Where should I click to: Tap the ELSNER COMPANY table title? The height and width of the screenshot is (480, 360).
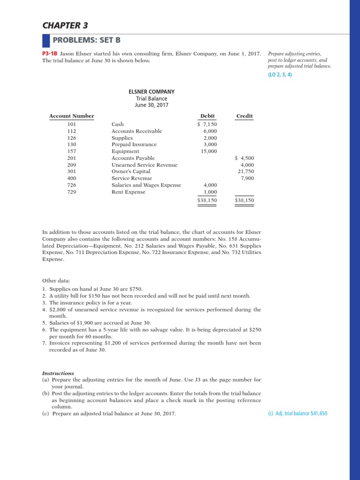point(148,92)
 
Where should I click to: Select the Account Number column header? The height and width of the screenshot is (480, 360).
point(72,116)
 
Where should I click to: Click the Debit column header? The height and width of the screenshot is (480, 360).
point(207,116)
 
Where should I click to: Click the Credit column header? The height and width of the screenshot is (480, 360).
point(244,116)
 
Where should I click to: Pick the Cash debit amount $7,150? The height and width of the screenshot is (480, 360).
point(207,124)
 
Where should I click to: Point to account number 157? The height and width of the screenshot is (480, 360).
point(72,151)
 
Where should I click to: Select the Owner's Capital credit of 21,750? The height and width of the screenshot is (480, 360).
point(246,172)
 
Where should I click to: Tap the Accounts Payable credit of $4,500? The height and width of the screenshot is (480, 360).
point(244,158)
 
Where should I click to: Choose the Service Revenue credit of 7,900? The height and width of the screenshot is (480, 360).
point(247,179)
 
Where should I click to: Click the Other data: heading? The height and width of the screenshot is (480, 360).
point(56,281)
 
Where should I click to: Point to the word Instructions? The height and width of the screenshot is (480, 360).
point(58,373)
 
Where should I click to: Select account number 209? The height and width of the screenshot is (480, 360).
point(72,165)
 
